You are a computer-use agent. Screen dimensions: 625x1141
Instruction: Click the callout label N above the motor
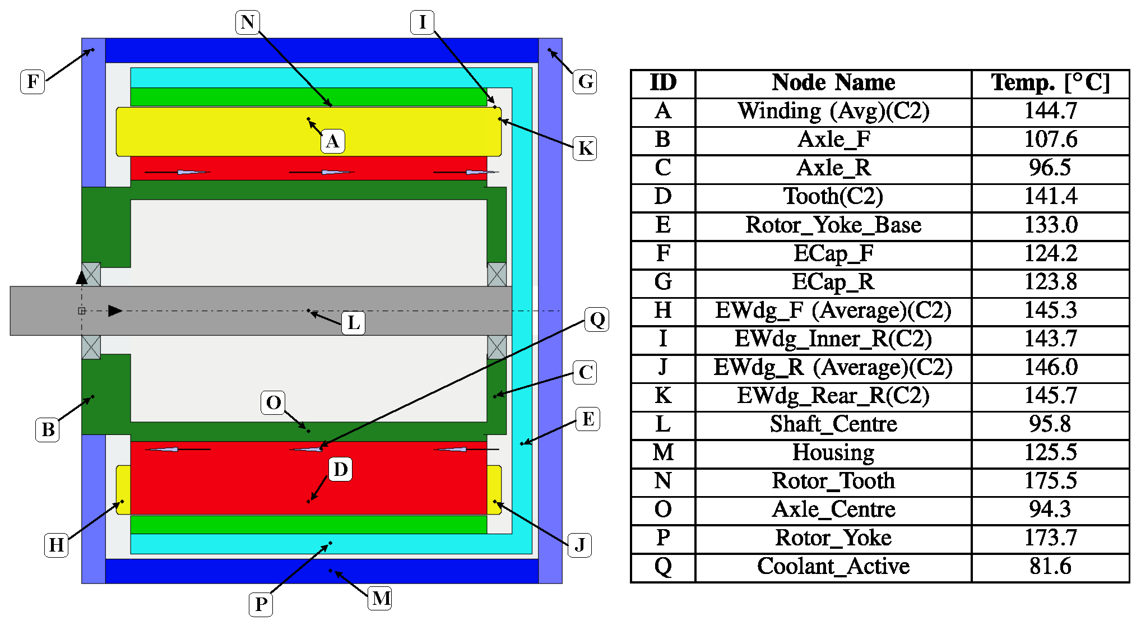click(247, 22)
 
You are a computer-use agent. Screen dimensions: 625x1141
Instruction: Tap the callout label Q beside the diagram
click(597, 320)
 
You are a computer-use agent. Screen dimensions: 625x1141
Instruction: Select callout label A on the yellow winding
click(332, 141)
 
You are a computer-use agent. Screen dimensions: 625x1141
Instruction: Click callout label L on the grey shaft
click(353, 323)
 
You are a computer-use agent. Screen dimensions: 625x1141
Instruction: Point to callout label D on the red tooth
click(340, 469)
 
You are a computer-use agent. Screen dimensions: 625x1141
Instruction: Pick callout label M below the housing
click(381, 598)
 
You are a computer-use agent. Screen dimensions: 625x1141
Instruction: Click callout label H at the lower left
click(56, 545)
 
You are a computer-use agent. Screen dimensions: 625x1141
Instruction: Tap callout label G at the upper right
click(585, 82)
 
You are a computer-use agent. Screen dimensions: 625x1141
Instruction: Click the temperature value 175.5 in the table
click(1050, 481)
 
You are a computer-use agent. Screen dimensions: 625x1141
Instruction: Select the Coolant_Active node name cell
click(833, 566)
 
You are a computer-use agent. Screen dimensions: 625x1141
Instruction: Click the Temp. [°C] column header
click(1050, 83)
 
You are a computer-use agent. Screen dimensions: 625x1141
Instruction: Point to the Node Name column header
click(833, 83)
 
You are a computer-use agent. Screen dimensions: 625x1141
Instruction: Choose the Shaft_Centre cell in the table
click(833, 424)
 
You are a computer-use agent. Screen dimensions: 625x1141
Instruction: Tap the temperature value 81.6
click(1050, 566)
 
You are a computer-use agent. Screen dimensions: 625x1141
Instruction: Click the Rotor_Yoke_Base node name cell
click(833, 225)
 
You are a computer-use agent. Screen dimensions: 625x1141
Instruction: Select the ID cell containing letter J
click(663, 367)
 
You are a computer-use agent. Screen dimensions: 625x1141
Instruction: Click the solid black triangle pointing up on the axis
click(82, 277)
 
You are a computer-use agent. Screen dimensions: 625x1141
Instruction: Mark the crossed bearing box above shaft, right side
click(497, 274)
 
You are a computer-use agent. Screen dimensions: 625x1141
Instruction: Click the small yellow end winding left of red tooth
click(123, 490)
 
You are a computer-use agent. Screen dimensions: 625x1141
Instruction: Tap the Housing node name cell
click(833, 452)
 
